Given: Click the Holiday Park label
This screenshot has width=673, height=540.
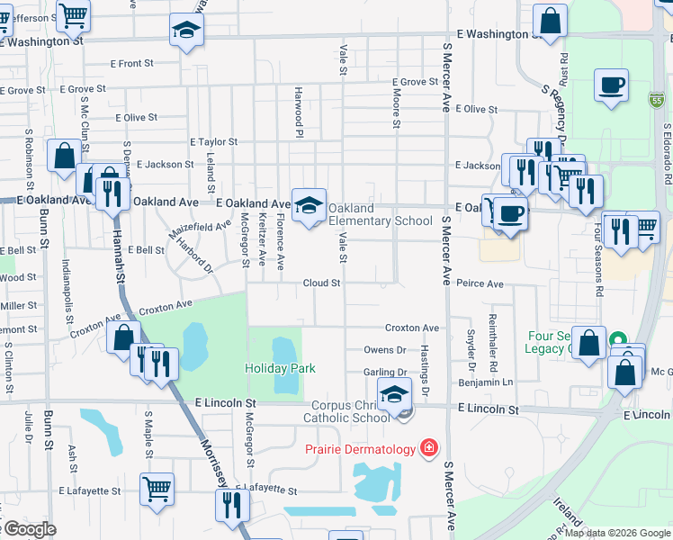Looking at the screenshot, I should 280,368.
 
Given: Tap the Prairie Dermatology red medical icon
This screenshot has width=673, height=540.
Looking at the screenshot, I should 429,448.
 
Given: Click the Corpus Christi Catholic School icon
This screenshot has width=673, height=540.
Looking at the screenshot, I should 394,395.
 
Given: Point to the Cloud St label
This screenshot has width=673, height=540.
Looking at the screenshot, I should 321,283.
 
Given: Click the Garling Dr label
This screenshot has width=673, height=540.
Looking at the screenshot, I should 385,373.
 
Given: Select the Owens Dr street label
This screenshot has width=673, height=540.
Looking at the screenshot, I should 385,350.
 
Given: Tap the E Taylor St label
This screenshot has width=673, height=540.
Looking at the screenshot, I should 213,142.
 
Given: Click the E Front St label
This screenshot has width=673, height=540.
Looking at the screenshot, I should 132,64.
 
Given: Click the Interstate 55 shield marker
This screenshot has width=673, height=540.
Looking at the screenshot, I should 658,102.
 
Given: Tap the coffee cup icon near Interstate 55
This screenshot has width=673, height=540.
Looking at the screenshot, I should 611,86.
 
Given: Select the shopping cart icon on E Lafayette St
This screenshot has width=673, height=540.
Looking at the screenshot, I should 157,489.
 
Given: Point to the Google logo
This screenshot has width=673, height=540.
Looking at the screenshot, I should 29,529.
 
